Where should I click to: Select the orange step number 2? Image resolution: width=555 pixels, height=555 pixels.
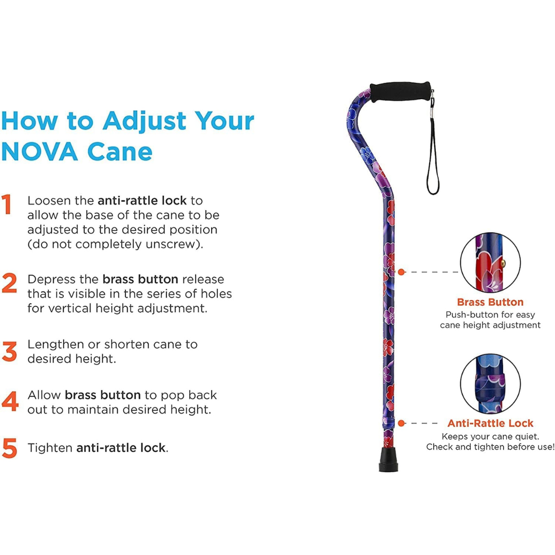[9, 284]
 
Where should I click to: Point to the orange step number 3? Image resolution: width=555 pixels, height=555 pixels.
[9, 351]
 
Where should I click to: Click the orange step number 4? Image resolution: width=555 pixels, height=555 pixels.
[10, 401]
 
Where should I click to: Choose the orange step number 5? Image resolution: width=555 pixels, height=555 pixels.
[9, 448]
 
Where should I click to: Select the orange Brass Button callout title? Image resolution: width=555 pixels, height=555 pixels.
[490, 302]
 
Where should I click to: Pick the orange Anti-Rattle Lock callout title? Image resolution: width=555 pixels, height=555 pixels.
[490, 423]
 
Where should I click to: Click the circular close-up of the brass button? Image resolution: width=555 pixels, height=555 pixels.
[490, 263]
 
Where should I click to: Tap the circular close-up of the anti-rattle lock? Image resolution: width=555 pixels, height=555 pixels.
[490, 383]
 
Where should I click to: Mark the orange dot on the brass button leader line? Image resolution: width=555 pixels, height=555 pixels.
[401, 271]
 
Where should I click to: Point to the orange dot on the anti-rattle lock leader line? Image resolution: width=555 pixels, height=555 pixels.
[401, 423]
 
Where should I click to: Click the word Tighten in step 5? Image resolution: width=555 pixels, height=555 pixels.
[50, 448]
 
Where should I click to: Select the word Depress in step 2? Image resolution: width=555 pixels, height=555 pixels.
[49, 280]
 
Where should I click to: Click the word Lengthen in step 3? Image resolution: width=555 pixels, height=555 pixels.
[53, 344]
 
